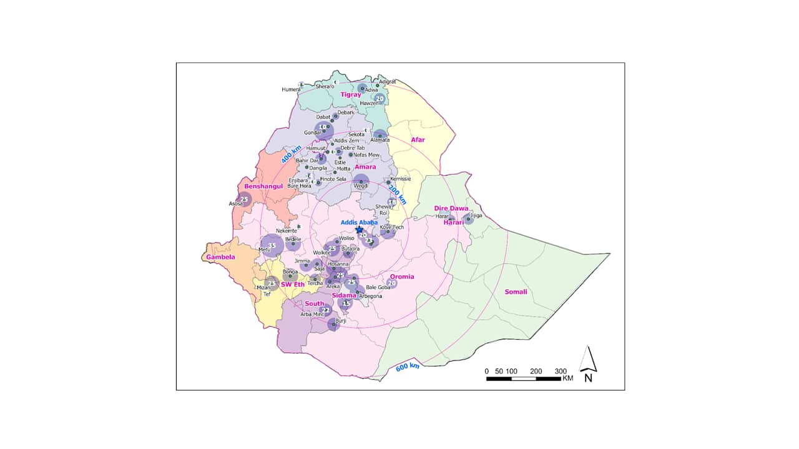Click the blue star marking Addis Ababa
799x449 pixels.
(x=359, y=229)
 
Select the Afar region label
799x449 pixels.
(x=418, y=140)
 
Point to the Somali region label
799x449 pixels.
(x=516, y=292)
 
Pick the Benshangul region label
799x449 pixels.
(x=263, y=186)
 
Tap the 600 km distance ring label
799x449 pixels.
(x=408, y=367)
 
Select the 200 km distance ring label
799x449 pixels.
(x=398, y=195)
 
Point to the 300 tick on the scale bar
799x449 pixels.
(x=561, y=371)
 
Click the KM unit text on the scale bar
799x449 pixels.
(x=567, y=379)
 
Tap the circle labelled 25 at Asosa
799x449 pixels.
(x=244, y=200)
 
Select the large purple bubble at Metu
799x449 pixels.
(x=272, y=246)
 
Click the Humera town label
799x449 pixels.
(x=291, y=89)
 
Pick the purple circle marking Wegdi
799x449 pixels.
(x=361, y=182)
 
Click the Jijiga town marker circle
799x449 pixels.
(x=468, y=218)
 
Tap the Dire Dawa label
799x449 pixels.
(x=451, y=208)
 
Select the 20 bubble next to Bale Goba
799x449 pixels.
(x=392, y=283)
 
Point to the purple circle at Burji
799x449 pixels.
(x=335, y=324)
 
